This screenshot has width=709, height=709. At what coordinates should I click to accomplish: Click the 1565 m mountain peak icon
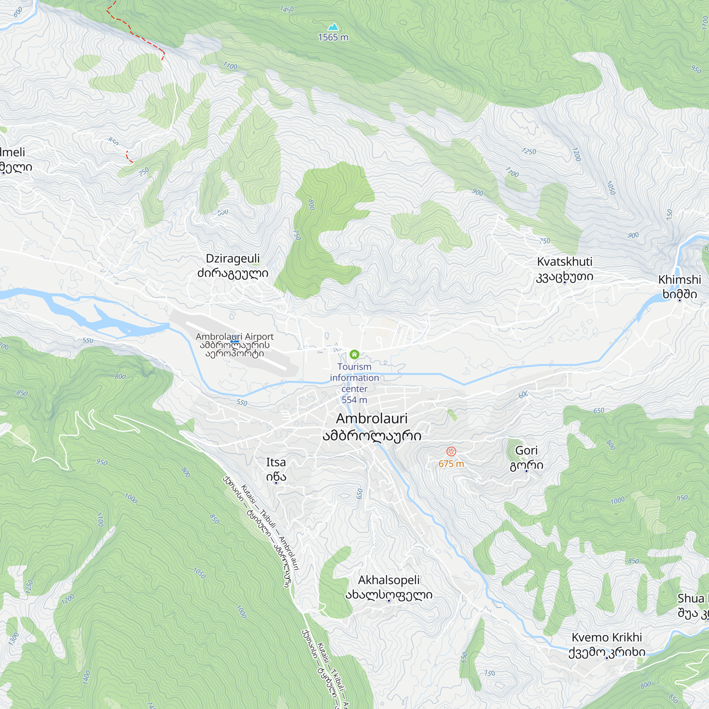[333, 27]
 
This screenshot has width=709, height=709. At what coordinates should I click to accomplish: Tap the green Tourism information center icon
[354, 354]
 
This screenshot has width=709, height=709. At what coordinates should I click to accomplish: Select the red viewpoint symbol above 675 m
[451, 451]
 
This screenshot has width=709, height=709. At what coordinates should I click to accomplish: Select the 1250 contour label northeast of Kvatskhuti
[529, 151]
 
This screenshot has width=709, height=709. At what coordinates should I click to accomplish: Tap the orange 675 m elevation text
[451, 464]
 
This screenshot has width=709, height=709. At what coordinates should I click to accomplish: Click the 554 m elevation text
[354, 400]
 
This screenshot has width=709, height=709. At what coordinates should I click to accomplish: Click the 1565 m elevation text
[333, 38]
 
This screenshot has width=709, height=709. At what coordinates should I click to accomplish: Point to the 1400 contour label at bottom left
[87, 677]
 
